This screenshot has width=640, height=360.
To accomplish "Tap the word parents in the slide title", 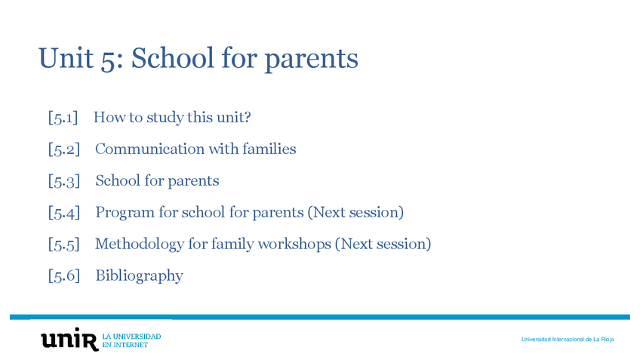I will pos(311,60).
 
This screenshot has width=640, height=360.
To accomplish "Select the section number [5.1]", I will pos(63,118).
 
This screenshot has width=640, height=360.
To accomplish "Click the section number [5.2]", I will pos(63,149).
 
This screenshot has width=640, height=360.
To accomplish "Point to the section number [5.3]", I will pos(63,181).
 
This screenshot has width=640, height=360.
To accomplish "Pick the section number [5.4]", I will pos(63,213).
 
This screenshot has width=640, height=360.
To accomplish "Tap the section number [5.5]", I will pos(63,245).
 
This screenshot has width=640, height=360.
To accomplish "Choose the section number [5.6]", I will pos(63,276).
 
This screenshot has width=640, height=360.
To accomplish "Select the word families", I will pos(269,149).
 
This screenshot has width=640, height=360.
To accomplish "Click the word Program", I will pos(125,213).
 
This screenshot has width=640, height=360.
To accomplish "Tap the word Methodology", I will pos(140,245).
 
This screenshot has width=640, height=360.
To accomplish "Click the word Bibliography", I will pos(139,276).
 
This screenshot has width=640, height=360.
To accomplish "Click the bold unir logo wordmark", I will pos(69,340).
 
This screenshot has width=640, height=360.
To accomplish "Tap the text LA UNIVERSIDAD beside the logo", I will pos(131,335).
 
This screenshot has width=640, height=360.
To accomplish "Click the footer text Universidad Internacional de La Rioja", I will pos(567,340).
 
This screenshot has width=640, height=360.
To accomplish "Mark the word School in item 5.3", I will pos(118,181).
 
